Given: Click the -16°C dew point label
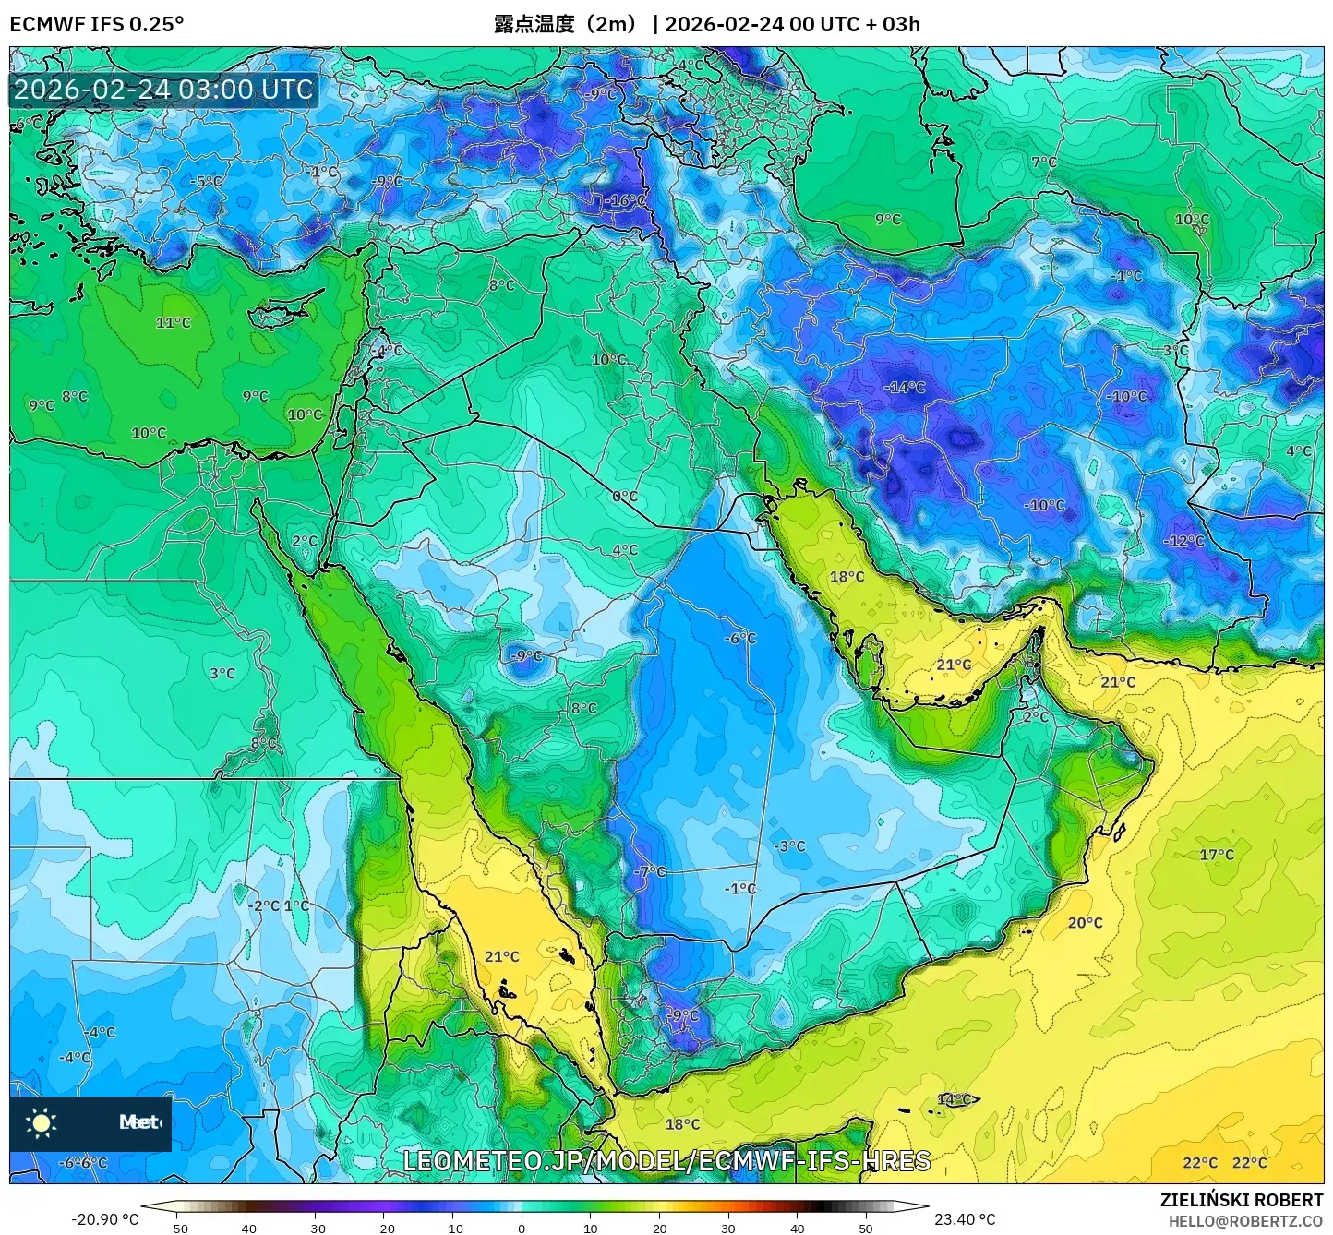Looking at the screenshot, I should [x=626, y=200].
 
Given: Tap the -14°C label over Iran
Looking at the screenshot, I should [x=904, y=387].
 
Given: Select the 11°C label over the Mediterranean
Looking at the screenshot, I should [x=173, y=322].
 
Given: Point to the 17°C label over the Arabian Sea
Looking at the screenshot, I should [x=1216, y=855].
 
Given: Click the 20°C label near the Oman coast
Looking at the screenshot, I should [x=1085, y=922].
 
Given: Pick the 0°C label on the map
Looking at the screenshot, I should [x=625, y=496].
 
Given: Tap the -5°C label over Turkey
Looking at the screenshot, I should [x=205, y=181].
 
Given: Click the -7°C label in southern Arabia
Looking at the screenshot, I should [x=650, y=871].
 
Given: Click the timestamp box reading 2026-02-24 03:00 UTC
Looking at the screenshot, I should [x=163, y=90].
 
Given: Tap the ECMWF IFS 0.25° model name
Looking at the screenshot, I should [x=96, y=24].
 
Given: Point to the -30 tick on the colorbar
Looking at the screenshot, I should [x=315, y=1228].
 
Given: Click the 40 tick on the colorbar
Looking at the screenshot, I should [x=797, y=1228].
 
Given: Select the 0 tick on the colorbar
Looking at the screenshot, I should [x=522, y=1228].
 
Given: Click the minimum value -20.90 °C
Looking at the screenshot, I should [x=104, y=1219].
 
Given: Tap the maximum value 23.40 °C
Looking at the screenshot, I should [x=965, y=1219].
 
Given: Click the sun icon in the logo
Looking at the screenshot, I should [x=42, y=1122].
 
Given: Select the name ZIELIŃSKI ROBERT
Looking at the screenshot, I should [x=1242, y=1200].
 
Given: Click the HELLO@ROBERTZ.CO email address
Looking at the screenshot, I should [x=1245, y=1221].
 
